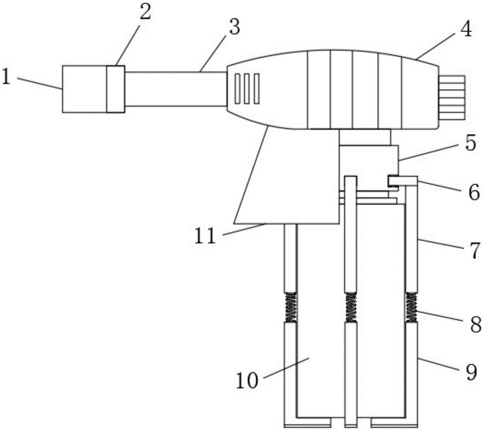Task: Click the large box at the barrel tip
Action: coord(84,89)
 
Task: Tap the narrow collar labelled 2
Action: coord(116,89)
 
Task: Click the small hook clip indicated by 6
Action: coord(403,181)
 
